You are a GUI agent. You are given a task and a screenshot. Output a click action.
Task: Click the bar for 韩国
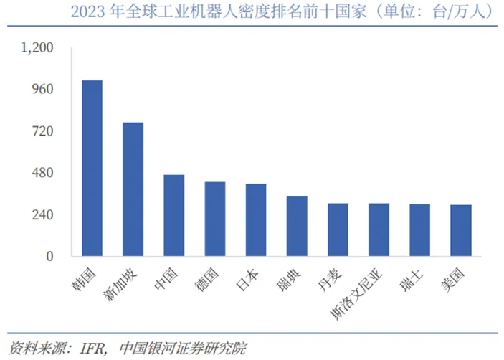click(x=92, y=168)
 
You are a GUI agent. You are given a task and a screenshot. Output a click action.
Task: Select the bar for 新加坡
click(x=133, y=189)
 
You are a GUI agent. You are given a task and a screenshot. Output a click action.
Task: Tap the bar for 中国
click(x=173, y=215)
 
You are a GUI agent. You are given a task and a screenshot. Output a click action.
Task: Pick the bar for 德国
click(x=214, y=219)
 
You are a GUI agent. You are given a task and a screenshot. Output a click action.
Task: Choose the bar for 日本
click(x=256, y=219)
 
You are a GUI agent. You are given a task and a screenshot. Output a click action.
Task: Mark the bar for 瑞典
click(x=297, y=226)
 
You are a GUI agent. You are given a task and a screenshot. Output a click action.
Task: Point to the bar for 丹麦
click(x=338, y=229)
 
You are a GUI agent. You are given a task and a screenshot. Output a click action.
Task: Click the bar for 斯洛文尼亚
click(x=379, y=229)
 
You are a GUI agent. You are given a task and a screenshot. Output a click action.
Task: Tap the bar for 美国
click(x=461, y=230)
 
